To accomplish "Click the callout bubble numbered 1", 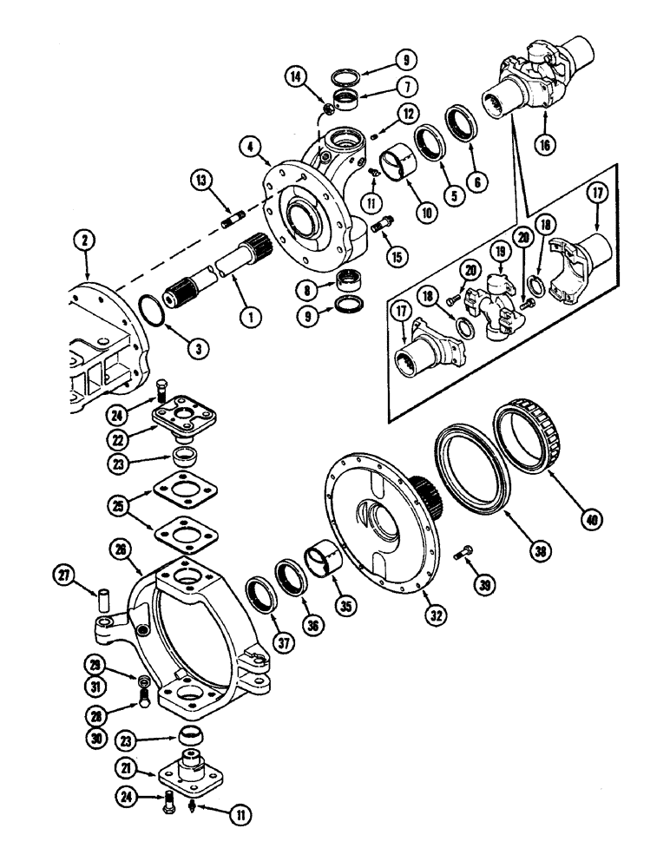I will coord(251,319).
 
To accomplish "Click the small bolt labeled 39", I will coord(465,551).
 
